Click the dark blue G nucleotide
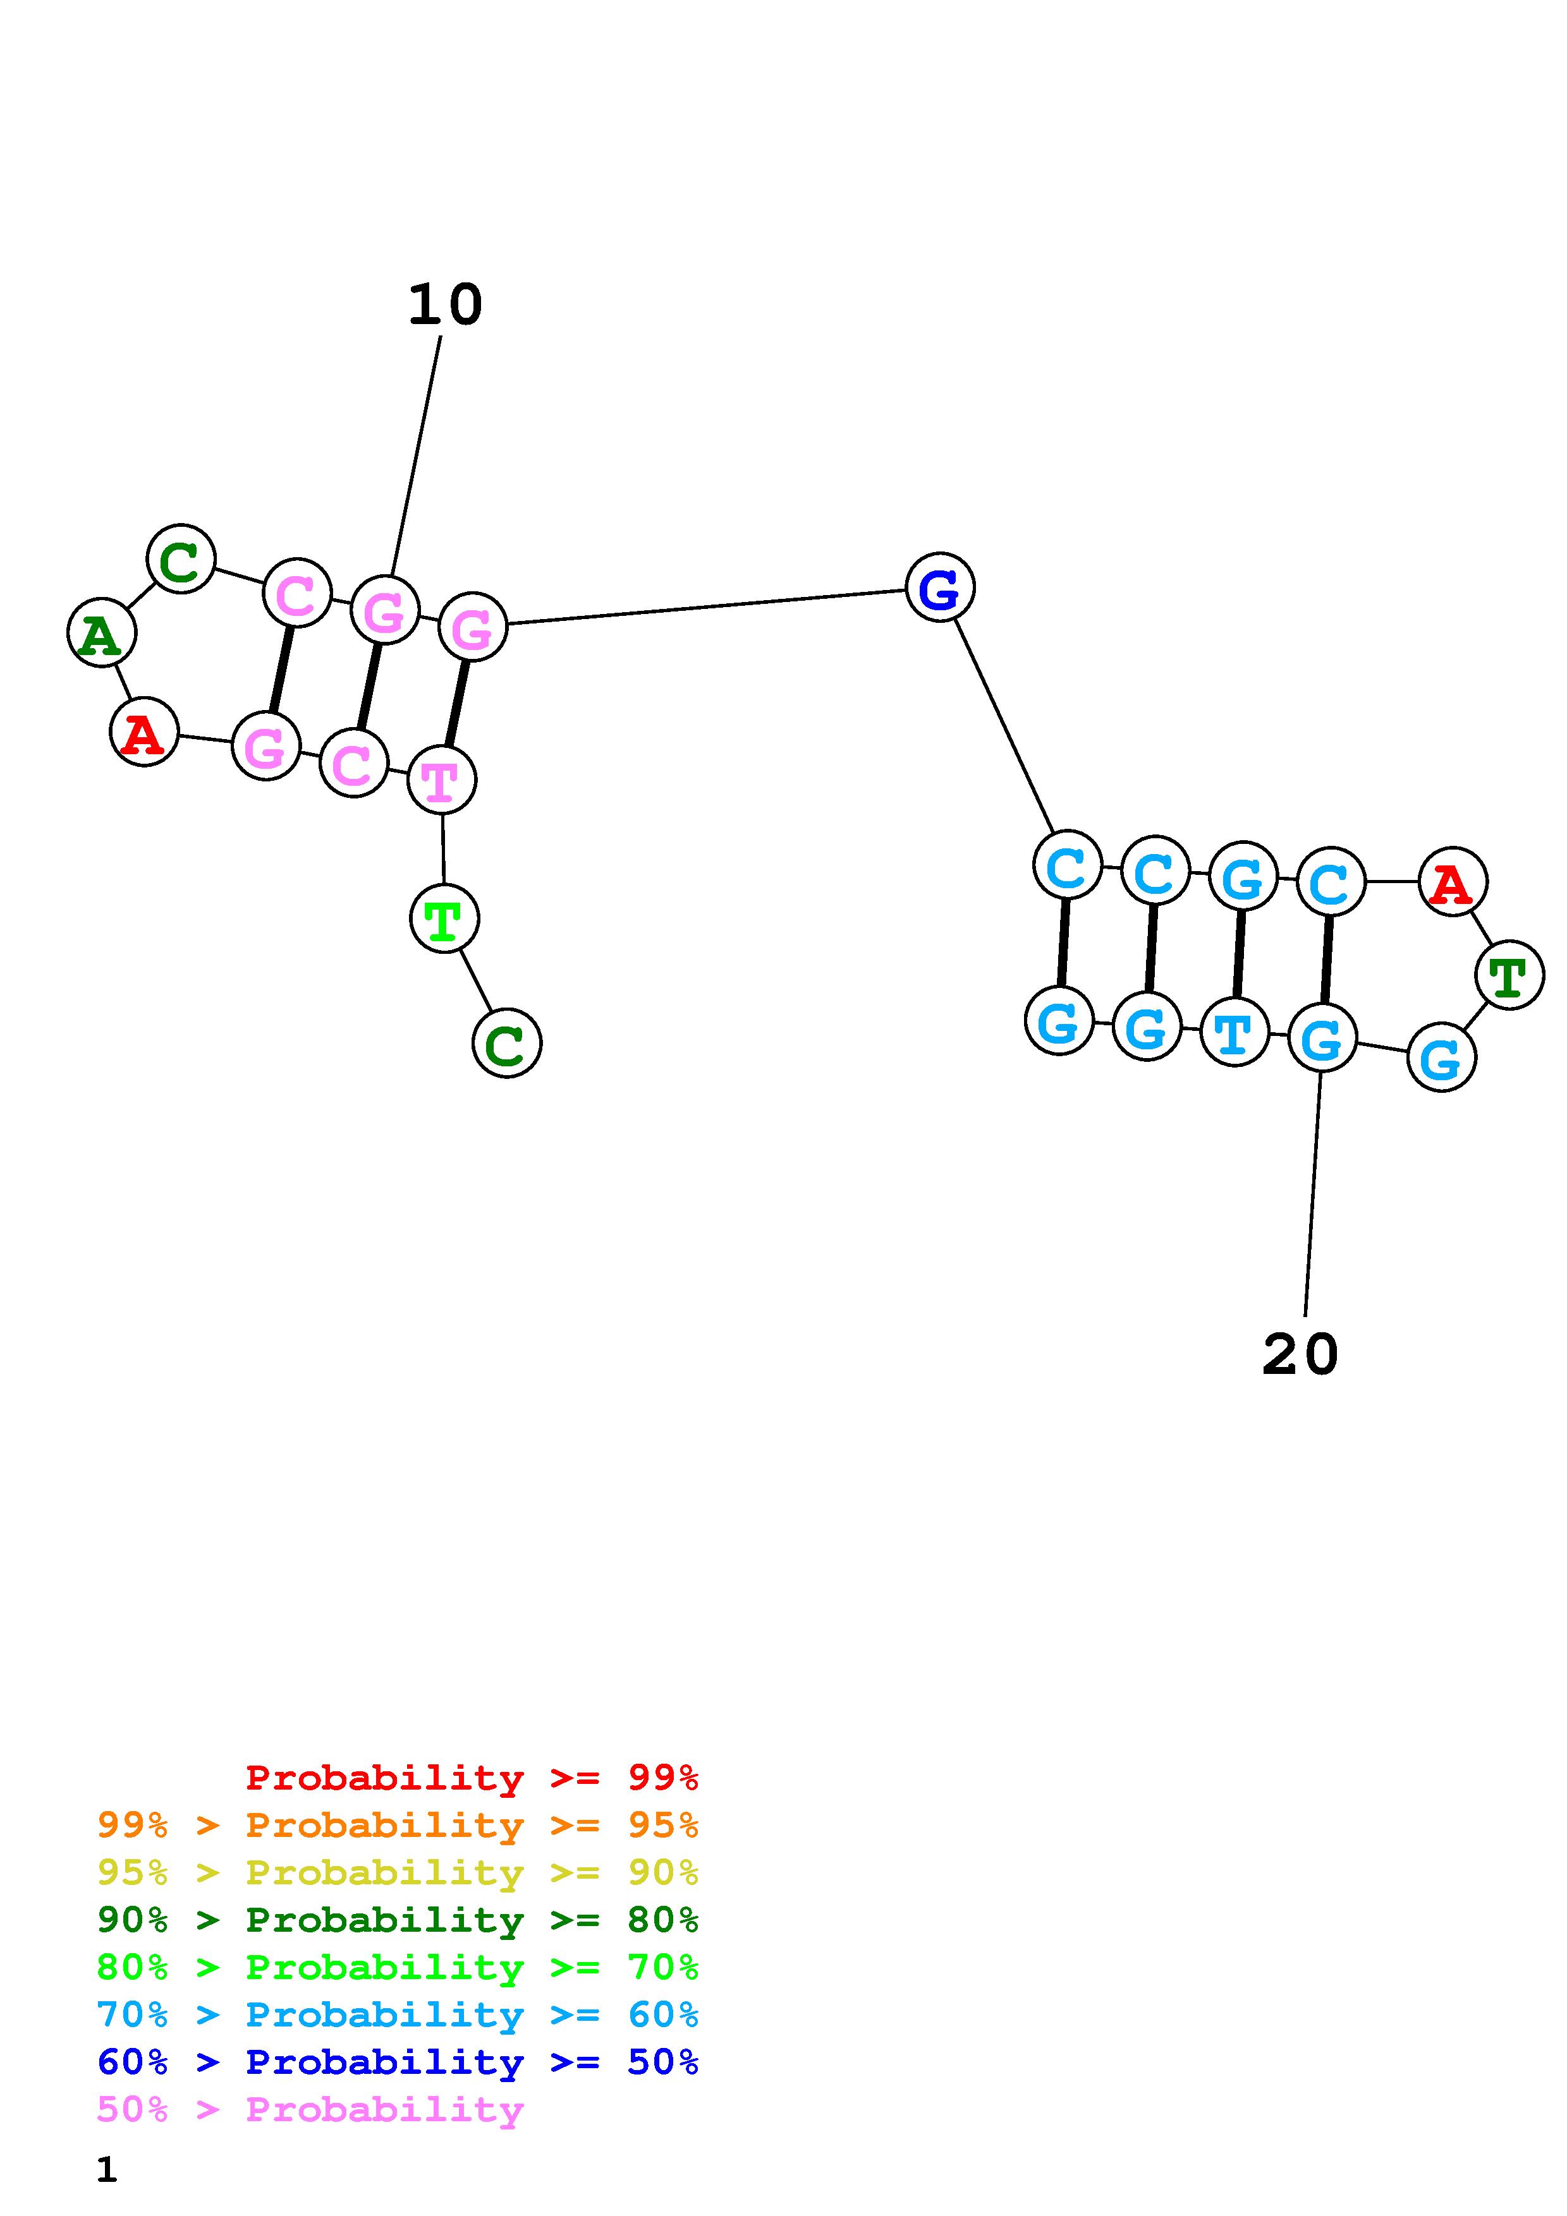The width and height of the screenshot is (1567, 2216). (939, 587)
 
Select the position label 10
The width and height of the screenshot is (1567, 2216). (444, 305)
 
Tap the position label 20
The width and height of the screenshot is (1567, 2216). (1300, 1354)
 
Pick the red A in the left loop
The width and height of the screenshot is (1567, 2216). (144, 733)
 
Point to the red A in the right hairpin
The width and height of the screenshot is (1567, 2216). (1452, 881)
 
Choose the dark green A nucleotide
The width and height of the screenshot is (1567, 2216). (101, 633)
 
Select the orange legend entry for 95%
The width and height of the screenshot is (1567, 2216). (397, 1825)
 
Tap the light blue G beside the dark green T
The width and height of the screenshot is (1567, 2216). (1441, 1058)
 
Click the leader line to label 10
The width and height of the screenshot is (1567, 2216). (416, 454)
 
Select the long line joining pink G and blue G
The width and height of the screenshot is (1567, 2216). (705, 606)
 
